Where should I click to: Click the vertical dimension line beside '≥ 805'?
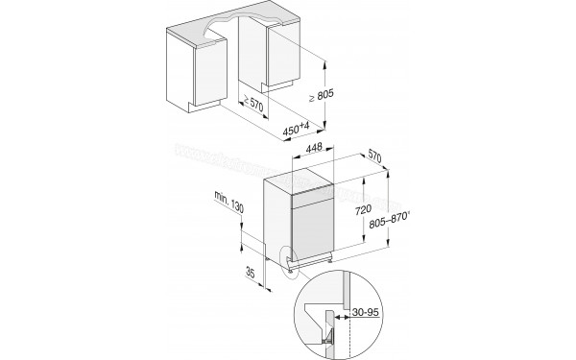[x=328, y=96]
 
